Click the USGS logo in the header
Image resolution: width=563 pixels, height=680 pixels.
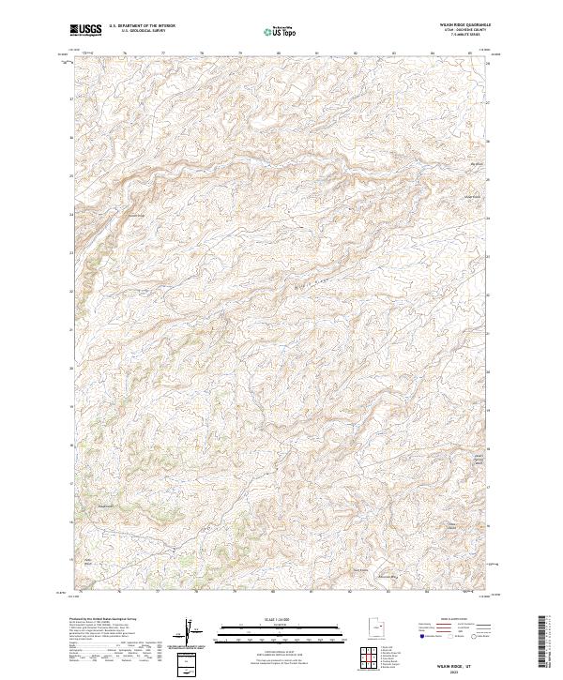click(x=85, y=30)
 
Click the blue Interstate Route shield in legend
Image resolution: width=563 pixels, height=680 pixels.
click(x=420, y=635)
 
